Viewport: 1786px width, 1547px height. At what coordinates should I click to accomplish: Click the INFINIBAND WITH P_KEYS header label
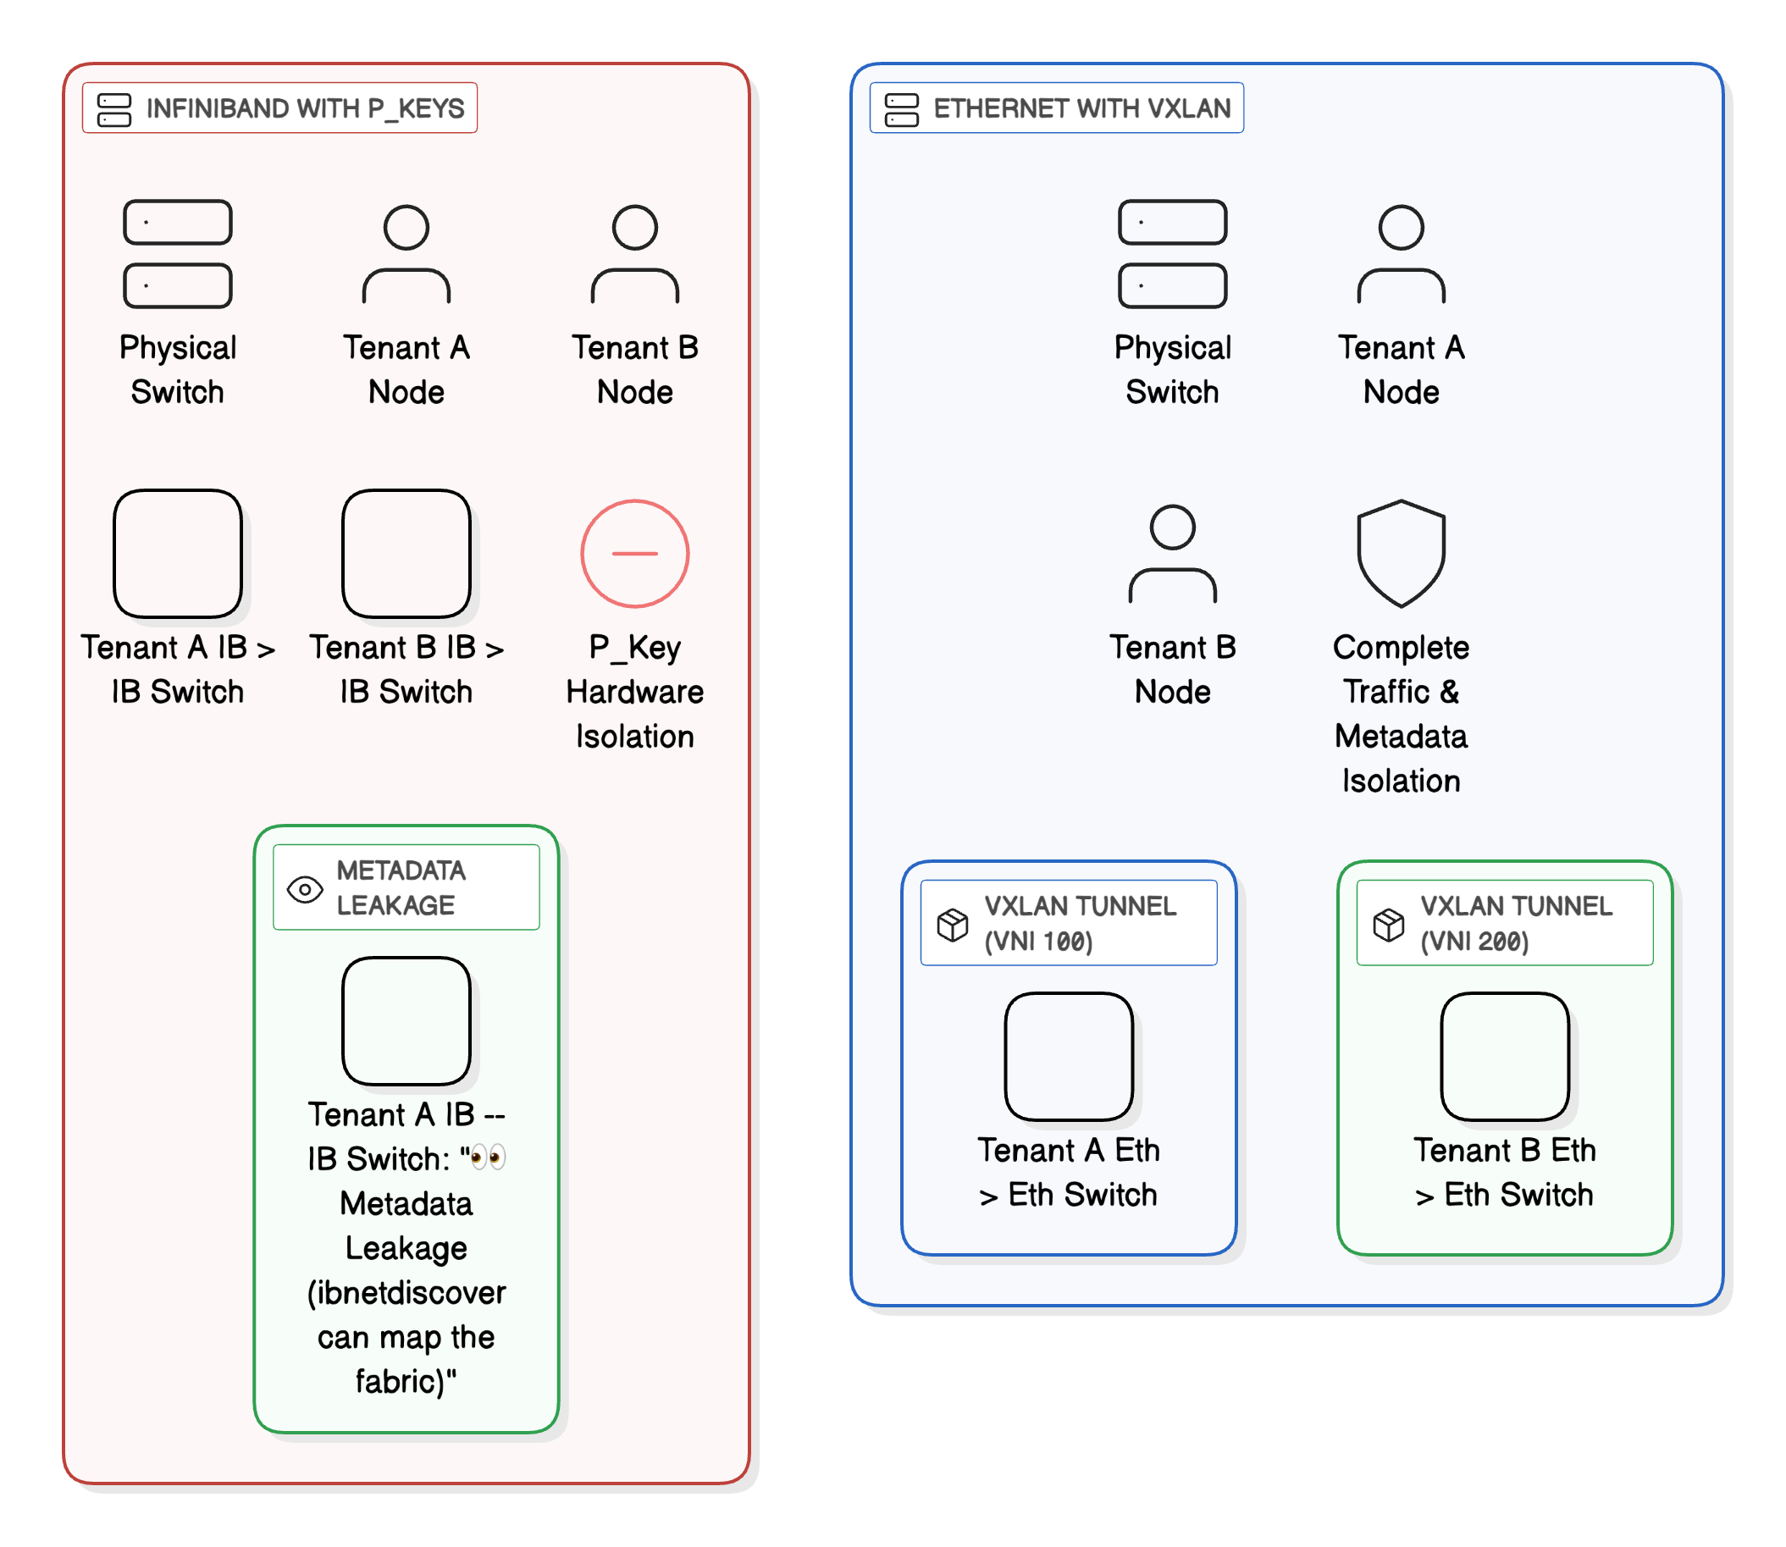coord(304,108)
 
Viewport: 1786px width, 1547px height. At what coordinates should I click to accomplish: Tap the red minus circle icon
coord(634,554)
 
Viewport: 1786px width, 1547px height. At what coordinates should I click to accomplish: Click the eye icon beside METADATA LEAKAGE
coord(305,888)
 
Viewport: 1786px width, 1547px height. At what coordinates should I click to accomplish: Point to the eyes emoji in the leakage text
coord(488,1157)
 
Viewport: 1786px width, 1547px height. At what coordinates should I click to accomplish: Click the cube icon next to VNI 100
coord(952,924)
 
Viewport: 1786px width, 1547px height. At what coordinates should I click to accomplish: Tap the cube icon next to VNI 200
coord(1388,924)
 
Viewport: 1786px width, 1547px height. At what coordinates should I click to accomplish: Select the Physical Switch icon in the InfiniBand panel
coord(178,254)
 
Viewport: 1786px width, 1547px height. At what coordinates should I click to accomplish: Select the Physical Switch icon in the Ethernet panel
coord(1171,254)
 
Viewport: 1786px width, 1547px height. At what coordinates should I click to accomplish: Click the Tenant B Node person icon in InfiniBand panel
coord(634,254)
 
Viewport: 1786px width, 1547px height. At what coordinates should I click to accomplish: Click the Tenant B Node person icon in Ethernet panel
coord(1171,554)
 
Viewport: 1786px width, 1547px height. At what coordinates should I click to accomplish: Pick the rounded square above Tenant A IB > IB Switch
coord(178,554)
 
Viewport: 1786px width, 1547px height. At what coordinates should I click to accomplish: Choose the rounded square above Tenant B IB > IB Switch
coord(406,554)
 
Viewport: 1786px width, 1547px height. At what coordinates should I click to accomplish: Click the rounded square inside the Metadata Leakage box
coord(406,1020)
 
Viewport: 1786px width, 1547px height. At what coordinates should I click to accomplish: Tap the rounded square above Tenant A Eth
coord(1068,1056)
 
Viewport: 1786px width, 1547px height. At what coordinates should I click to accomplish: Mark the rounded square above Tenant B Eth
coord(1504,1056)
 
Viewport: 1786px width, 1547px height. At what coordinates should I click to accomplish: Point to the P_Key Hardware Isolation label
coord(634,691)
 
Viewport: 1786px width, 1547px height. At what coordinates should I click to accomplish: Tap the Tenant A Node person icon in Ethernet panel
coord(1400,254)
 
